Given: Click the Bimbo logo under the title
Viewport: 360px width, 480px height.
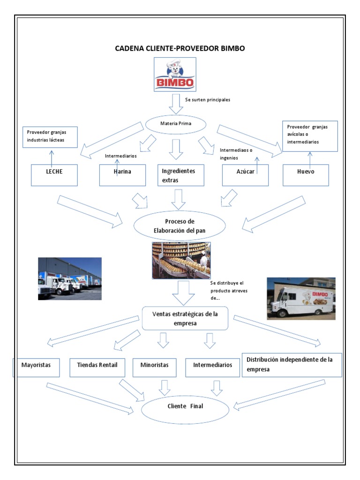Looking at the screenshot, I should click(x=175, y=75).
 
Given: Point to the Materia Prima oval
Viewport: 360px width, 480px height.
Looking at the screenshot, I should click(x=176, y=124).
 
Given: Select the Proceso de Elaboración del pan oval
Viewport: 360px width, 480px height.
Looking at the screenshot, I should click(x=180, y=226).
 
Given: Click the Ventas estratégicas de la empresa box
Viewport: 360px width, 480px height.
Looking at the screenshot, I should click(x=185, y=319).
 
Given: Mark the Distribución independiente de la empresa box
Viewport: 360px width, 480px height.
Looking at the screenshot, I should click(x=292, y=365).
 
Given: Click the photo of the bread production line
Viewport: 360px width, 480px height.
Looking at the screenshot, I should click(x=181, y=261).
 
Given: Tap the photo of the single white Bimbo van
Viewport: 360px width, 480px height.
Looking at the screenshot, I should click(x=301, y=299).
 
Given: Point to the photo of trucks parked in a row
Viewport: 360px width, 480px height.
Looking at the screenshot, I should click(x=70, y=278).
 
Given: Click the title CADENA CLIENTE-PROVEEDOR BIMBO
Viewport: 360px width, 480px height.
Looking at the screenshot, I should click(x=180, y=48).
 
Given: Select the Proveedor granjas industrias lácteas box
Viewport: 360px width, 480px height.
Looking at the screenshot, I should click(x=50, y=137).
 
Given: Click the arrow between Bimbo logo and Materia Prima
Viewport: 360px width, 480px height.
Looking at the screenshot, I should click(x=176, y=104).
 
